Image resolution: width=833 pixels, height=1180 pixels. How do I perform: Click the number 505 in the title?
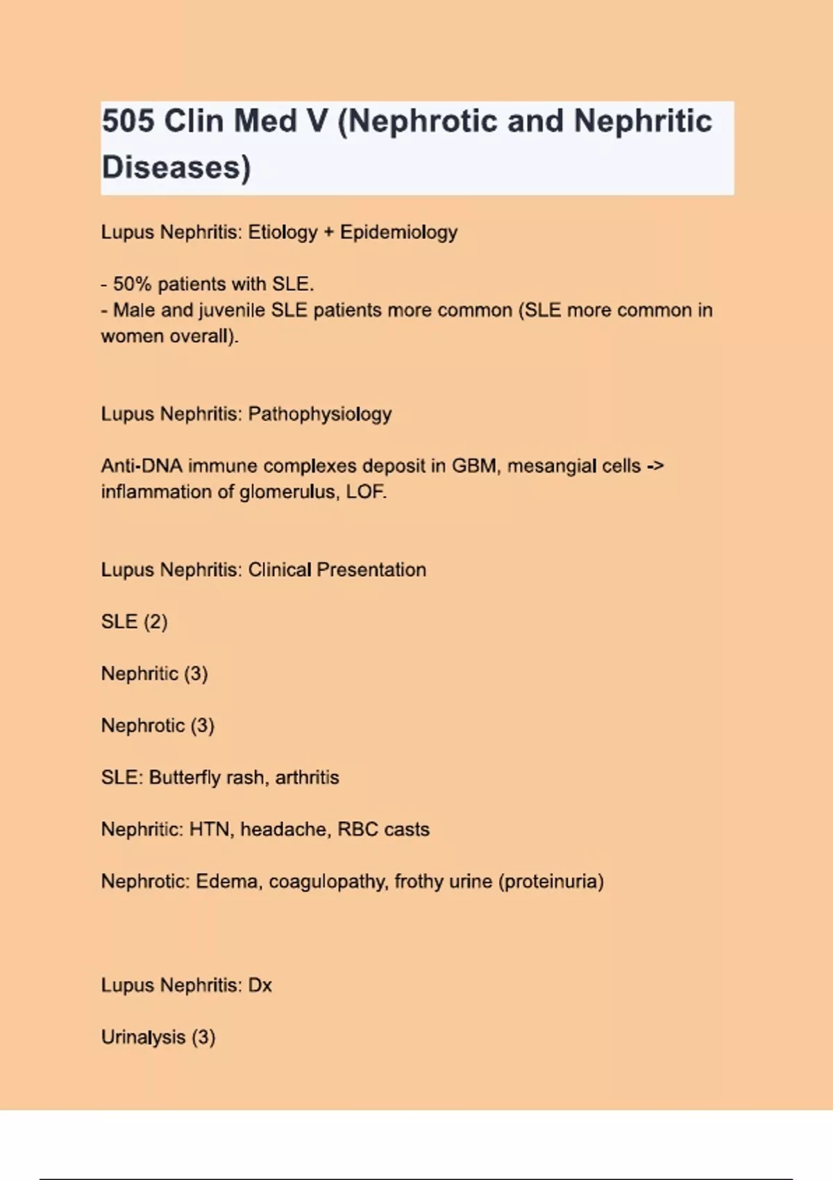tap(128, 121)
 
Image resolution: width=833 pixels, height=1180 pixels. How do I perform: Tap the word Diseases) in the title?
tap(176, 167)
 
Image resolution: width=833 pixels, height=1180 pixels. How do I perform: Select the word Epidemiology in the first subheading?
tap(398, 232)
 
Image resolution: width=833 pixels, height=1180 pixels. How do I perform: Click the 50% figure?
tap(132, 284)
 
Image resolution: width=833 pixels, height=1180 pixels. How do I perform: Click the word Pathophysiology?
tap(320, 414)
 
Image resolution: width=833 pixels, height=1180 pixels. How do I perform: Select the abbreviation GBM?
tap(475, 466)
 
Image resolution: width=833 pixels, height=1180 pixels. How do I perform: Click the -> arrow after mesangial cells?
tap(655, 466)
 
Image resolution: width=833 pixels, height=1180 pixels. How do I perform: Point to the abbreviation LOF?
tap(366, 492)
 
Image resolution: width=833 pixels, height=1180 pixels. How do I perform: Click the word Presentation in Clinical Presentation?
tap(371, 570)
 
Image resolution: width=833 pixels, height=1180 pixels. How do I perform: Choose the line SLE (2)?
tap(134, 621)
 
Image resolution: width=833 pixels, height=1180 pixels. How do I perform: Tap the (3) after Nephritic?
tap(196, 673)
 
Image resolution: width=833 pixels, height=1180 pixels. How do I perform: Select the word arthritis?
tap(307, 777)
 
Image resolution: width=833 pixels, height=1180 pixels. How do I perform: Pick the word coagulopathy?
tap(328, 882)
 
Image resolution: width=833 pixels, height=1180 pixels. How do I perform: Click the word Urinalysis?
tap(143, 1037)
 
